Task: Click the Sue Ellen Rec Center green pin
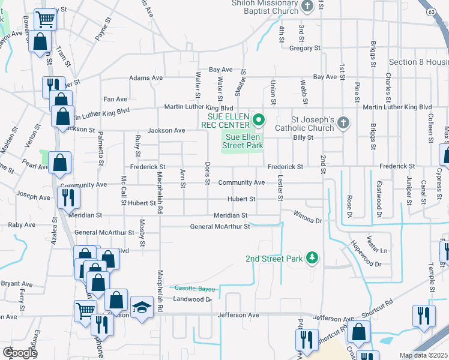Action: (259, 121)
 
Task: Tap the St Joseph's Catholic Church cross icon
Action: (343, 123)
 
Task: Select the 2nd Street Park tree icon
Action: (312, 259)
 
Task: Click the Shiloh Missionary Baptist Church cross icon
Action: (307, 7)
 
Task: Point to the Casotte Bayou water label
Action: (191, 289)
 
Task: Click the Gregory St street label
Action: (305, 48)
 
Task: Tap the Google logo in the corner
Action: (20, 353)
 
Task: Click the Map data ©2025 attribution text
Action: (424, 355)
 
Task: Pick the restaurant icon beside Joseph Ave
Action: (68, 196)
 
